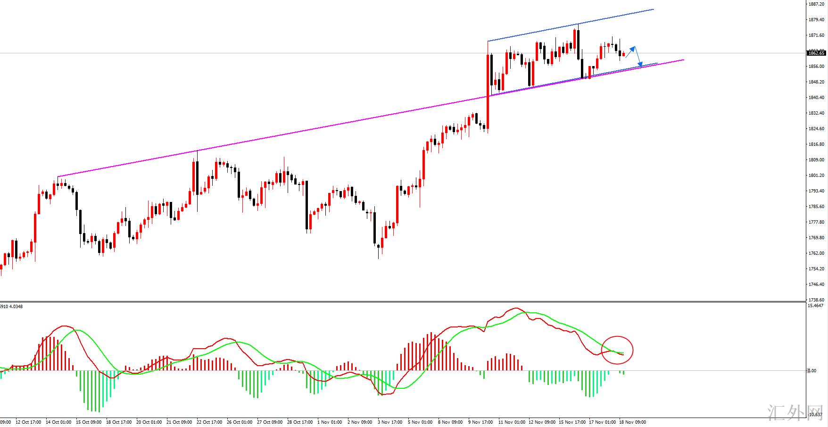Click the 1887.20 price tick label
click(x=816, y=4)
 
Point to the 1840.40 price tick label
click(x=816, y=98)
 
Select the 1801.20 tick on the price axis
click(x=816, y=176)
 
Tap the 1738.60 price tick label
click(x=816, y=300)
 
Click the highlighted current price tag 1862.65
click(x=816, y=53)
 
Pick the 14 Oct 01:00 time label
click(x=59, y=422)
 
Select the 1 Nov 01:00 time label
click(x=329, y=422)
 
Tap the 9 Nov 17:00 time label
click(x=480, y=422)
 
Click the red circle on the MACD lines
click(x=617, y=350)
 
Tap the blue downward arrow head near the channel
click(x=640, y=64)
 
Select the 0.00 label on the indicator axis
click(x=812, y=371)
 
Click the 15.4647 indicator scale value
click(x=816, y=306)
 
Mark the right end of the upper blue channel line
click(x=653, y=9)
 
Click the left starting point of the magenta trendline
click(x=58, y=177)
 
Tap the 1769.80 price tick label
click(x=816, y=238)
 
